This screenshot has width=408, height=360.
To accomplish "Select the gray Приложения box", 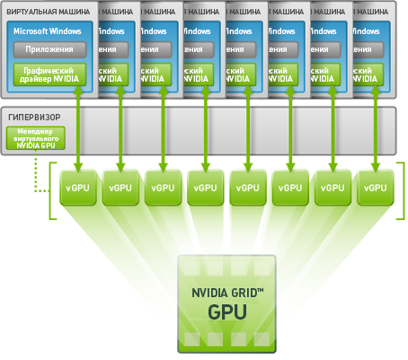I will coord(49,51).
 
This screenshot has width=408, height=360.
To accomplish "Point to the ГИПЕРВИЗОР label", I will coord(36,118).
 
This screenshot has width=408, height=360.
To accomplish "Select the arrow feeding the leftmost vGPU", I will coord(78,126).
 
